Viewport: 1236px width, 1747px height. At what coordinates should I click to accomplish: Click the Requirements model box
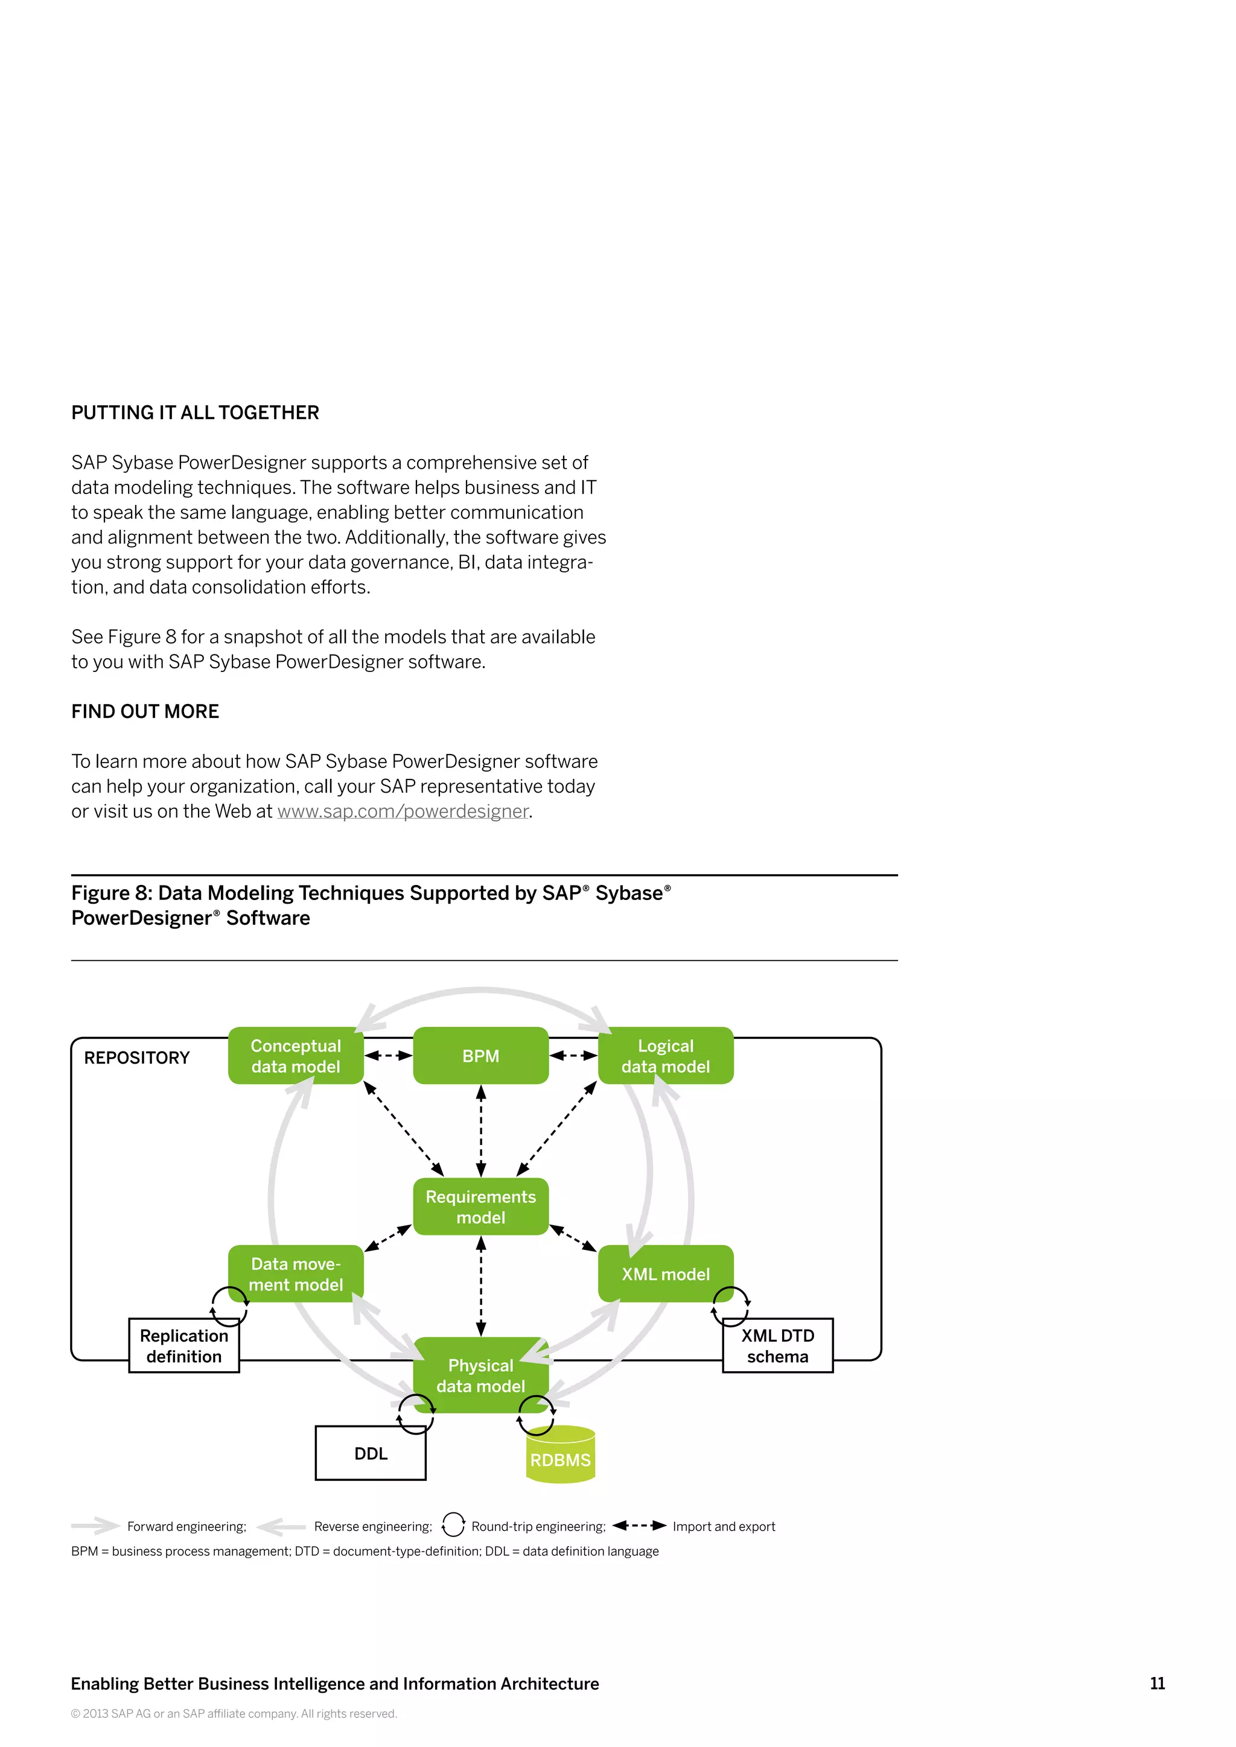coord(480,1206)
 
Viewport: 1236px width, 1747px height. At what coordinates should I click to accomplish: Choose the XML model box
coord(665,1273)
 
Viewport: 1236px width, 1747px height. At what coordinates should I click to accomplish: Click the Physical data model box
coord(480,1375)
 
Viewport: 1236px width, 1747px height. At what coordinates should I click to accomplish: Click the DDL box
coord(371,1453)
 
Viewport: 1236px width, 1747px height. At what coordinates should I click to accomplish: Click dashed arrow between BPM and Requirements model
coord(480,1130)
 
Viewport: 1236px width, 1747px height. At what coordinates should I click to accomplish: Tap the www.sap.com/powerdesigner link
coord(403,811)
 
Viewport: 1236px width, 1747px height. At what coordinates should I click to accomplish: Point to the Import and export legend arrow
coord(639,1525)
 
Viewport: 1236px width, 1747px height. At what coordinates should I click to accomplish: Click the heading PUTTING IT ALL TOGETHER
coord(195,413)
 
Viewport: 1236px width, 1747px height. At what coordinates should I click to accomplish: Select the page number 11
coord(1157,1683)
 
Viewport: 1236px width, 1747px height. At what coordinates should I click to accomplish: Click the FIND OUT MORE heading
coord(145,711)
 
